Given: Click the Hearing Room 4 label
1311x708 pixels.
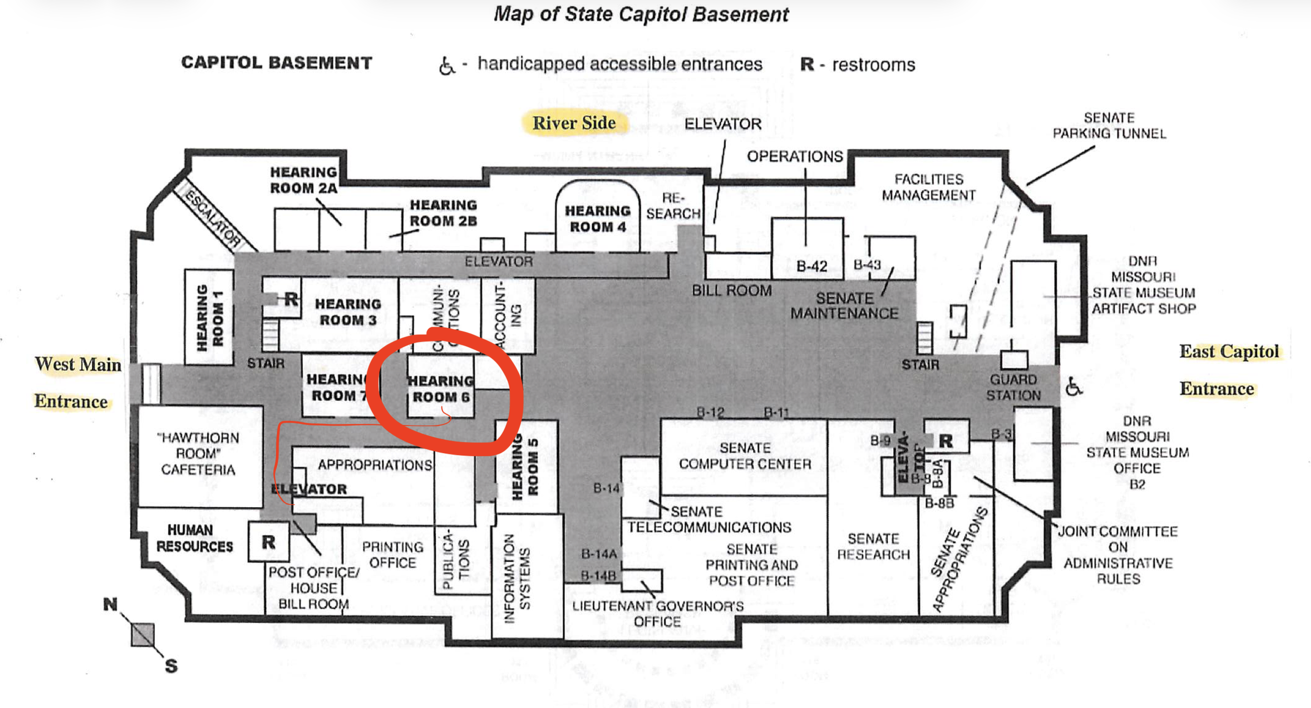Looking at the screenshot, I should coord(597,218).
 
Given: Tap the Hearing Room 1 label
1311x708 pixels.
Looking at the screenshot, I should coord(209,317).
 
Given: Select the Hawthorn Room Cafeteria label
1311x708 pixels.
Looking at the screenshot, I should coord(198,454).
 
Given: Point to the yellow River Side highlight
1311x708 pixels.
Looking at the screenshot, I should coord(574,123).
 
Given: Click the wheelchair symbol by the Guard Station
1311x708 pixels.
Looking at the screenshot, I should coord(1073,387).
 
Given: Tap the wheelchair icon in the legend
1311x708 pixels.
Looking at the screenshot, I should coord(446,66).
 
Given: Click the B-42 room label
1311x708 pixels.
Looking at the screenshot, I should coord(811,266).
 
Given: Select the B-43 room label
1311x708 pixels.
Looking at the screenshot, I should coord(867,265).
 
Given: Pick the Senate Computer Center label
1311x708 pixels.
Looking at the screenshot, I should coord(745,456).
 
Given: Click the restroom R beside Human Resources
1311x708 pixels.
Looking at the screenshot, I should coord(268,542).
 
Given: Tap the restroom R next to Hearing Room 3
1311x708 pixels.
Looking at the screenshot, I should coord(291,299).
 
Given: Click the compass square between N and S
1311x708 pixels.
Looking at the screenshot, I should coord(143,635).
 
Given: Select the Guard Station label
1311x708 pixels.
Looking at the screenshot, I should coord(1013,387).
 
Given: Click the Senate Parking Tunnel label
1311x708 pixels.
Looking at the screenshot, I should coord(1109,125).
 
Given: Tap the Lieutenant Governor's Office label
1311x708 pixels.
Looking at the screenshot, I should coord(658,614).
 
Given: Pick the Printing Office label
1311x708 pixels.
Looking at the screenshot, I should coord(392,555).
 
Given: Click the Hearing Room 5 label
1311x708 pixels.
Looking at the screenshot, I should coord(524,467).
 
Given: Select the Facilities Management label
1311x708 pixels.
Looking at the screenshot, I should coord(928,187).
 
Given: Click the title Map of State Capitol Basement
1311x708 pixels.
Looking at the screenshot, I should coord(641,14).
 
